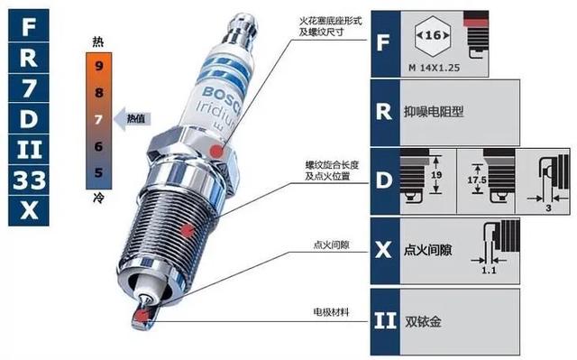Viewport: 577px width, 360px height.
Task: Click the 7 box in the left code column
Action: pyautogui.click(x=29, y=88)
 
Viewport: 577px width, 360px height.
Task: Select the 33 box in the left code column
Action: pyautogui.click(x=29, y=180)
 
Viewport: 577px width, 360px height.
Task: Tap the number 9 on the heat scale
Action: pyautogui.click(x=98, y=66)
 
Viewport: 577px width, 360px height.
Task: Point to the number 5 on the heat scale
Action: pyautogui.click(x=98, y=172)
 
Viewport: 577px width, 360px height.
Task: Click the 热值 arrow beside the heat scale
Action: pyautogui.click(x=133, y=118)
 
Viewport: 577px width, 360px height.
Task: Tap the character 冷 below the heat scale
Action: pyautogui.click(x=98, y=198)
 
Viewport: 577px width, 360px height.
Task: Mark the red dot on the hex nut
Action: pyautogui.click(x=216, y=151)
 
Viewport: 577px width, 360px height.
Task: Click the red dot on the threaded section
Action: pyautogui.click(x=188, y=230)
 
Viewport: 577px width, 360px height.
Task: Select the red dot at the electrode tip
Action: pyautogui.click(x=141, y=316)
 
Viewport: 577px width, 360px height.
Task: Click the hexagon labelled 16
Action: pyautogui.click(x=433, y=36)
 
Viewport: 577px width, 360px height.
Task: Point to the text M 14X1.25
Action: pyautogui.click(x=435, y=68)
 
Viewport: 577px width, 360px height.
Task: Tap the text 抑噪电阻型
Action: pyautogui.click(x=434, y=111)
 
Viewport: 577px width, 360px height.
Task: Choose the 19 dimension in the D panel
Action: pyautogui.click(x=436, y=175)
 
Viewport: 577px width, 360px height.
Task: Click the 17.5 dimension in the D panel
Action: pyautogui.click(x=477, y=180)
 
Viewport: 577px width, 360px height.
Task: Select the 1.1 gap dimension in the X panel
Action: pyautogui.click(x=489, y=271)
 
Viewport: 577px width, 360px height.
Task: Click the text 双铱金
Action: pyautogui.click(x=423, y=322)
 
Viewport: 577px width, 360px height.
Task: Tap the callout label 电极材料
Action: pyautogui.click(x=331, y=312)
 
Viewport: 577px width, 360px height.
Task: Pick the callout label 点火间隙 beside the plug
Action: pyautogui.click(x=331, y=245)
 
